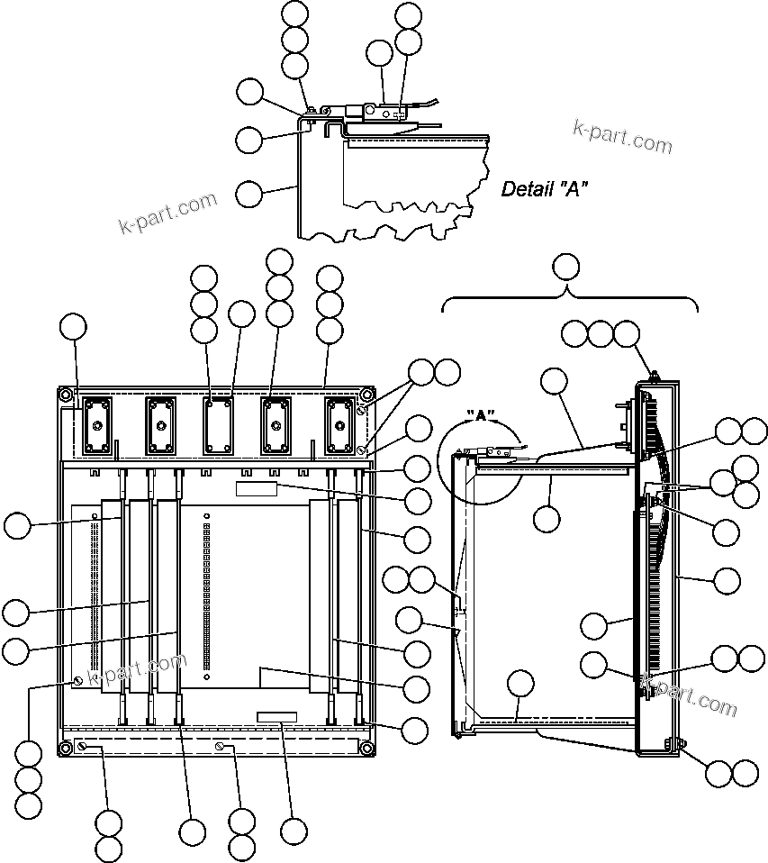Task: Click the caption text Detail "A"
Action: tap(545, 189)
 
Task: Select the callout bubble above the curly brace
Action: tap(565, 266)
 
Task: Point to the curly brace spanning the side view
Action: tap(569, 298)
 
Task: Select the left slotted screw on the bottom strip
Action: tap(83, 747)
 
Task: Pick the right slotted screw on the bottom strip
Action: tap(220, 747)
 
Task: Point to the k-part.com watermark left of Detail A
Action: tap(168, 212)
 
